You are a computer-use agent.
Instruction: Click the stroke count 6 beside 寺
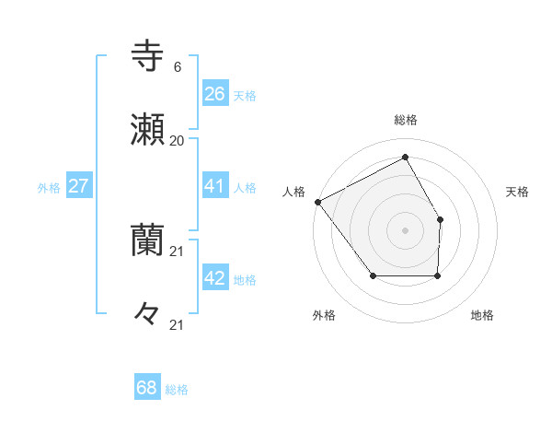coord(177,67)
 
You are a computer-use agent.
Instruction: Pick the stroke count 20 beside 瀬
coord(177,141)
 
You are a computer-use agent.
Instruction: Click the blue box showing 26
coord(214,94)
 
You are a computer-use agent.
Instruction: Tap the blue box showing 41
coord(214,186)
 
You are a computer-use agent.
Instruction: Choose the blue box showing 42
coord(214,278)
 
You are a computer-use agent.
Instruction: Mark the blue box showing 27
coord(78,186)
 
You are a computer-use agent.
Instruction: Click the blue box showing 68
coord(147,388)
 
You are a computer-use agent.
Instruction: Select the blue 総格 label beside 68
coord(177,390)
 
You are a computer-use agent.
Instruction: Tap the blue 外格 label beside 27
coord(49,188)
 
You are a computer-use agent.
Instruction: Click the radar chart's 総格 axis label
coord(405,120)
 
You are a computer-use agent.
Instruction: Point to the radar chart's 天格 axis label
coord(517,192)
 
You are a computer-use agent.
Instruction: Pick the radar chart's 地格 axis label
coord(482,316)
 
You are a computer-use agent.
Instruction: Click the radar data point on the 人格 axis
coord(317,201)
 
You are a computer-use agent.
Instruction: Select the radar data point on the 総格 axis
coord(405,158)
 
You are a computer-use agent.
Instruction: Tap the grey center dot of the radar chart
coord(405,229)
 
